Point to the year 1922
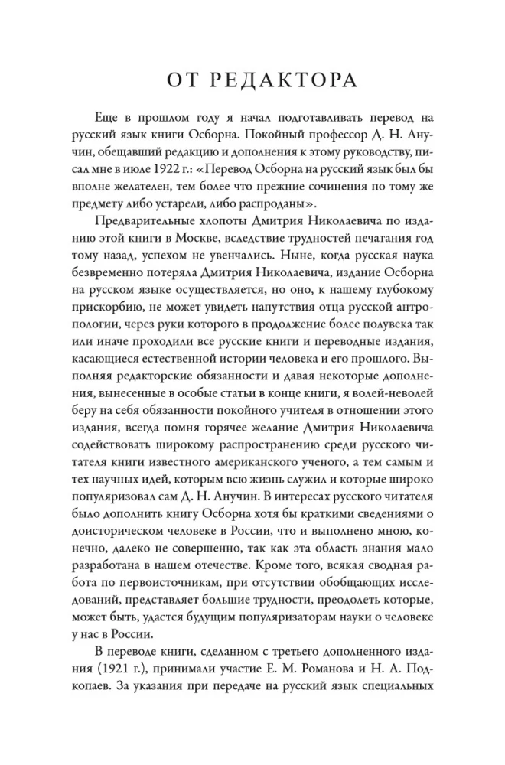(181, 161)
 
